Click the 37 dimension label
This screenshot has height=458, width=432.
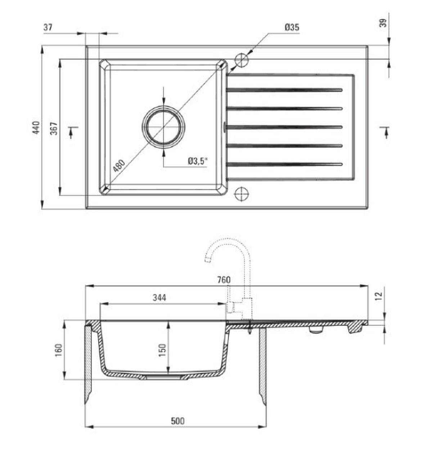click(48, 27)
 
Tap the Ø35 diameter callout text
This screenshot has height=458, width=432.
click(292, 27)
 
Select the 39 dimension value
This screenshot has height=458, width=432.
click(383, 23)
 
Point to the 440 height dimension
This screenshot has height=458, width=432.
click(36, 127)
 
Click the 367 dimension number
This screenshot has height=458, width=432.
click(54, 128)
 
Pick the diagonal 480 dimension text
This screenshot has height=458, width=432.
click(119, 165)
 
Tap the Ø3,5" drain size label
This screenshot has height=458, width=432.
click(198, 161)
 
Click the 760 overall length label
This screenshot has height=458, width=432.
click(224, 280)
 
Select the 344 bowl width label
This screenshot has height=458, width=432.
click(159, 298)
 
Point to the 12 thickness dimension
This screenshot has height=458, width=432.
click(379, 296)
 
